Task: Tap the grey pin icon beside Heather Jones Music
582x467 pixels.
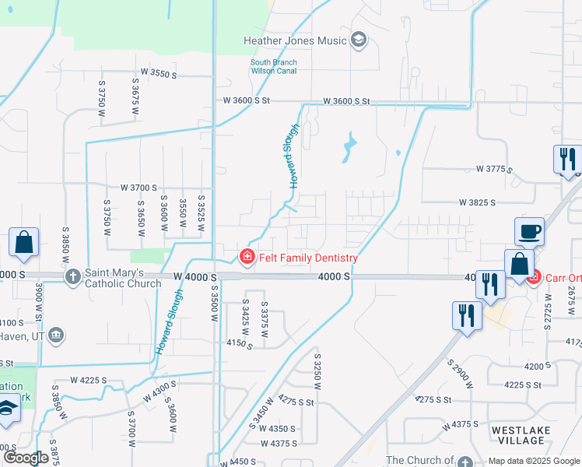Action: pyautogui.click(x=359, y=40)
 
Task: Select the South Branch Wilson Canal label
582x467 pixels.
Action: pyautogui.click(x=272, y=67)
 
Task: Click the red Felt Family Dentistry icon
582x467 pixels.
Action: pyautogui.click(x=247, y=256)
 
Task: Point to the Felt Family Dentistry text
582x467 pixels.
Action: pyautogui.click(x=307, y=258)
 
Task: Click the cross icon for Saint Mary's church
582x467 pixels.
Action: pyautogui.click(x=72, y=276)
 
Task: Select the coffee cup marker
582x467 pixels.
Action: pyautogui.click(x=529, y=231)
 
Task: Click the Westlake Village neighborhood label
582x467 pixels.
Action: pyautogui.click(x=521, y=435)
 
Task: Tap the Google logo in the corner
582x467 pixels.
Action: pyautogui.click(x=26, y=458)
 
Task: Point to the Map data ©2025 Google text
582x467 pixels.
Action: pyautogui.click(x=533, y=461)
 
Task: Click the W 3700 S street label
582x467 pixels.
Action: pyautogui.click(x=138, y=188)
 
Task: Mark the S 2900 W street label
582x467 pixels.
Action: pyautogui.click(x=461, y=374)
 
